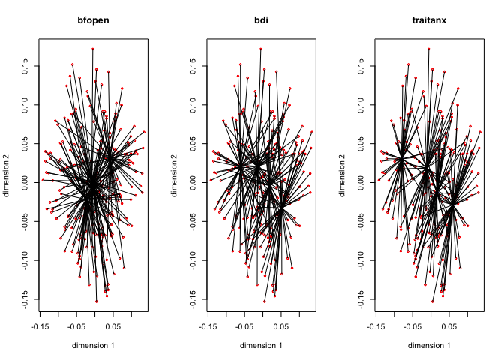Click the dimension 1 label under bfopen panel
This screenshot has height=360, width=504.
[x=93, y=345]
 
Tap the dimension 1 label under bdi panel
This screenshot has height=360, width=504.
[x=261, y=345]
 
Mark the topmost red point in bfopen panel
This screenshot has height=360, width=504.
[x=93, y=49]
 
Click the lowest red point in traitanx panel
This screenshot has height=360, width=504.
[x=433, y=301]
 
